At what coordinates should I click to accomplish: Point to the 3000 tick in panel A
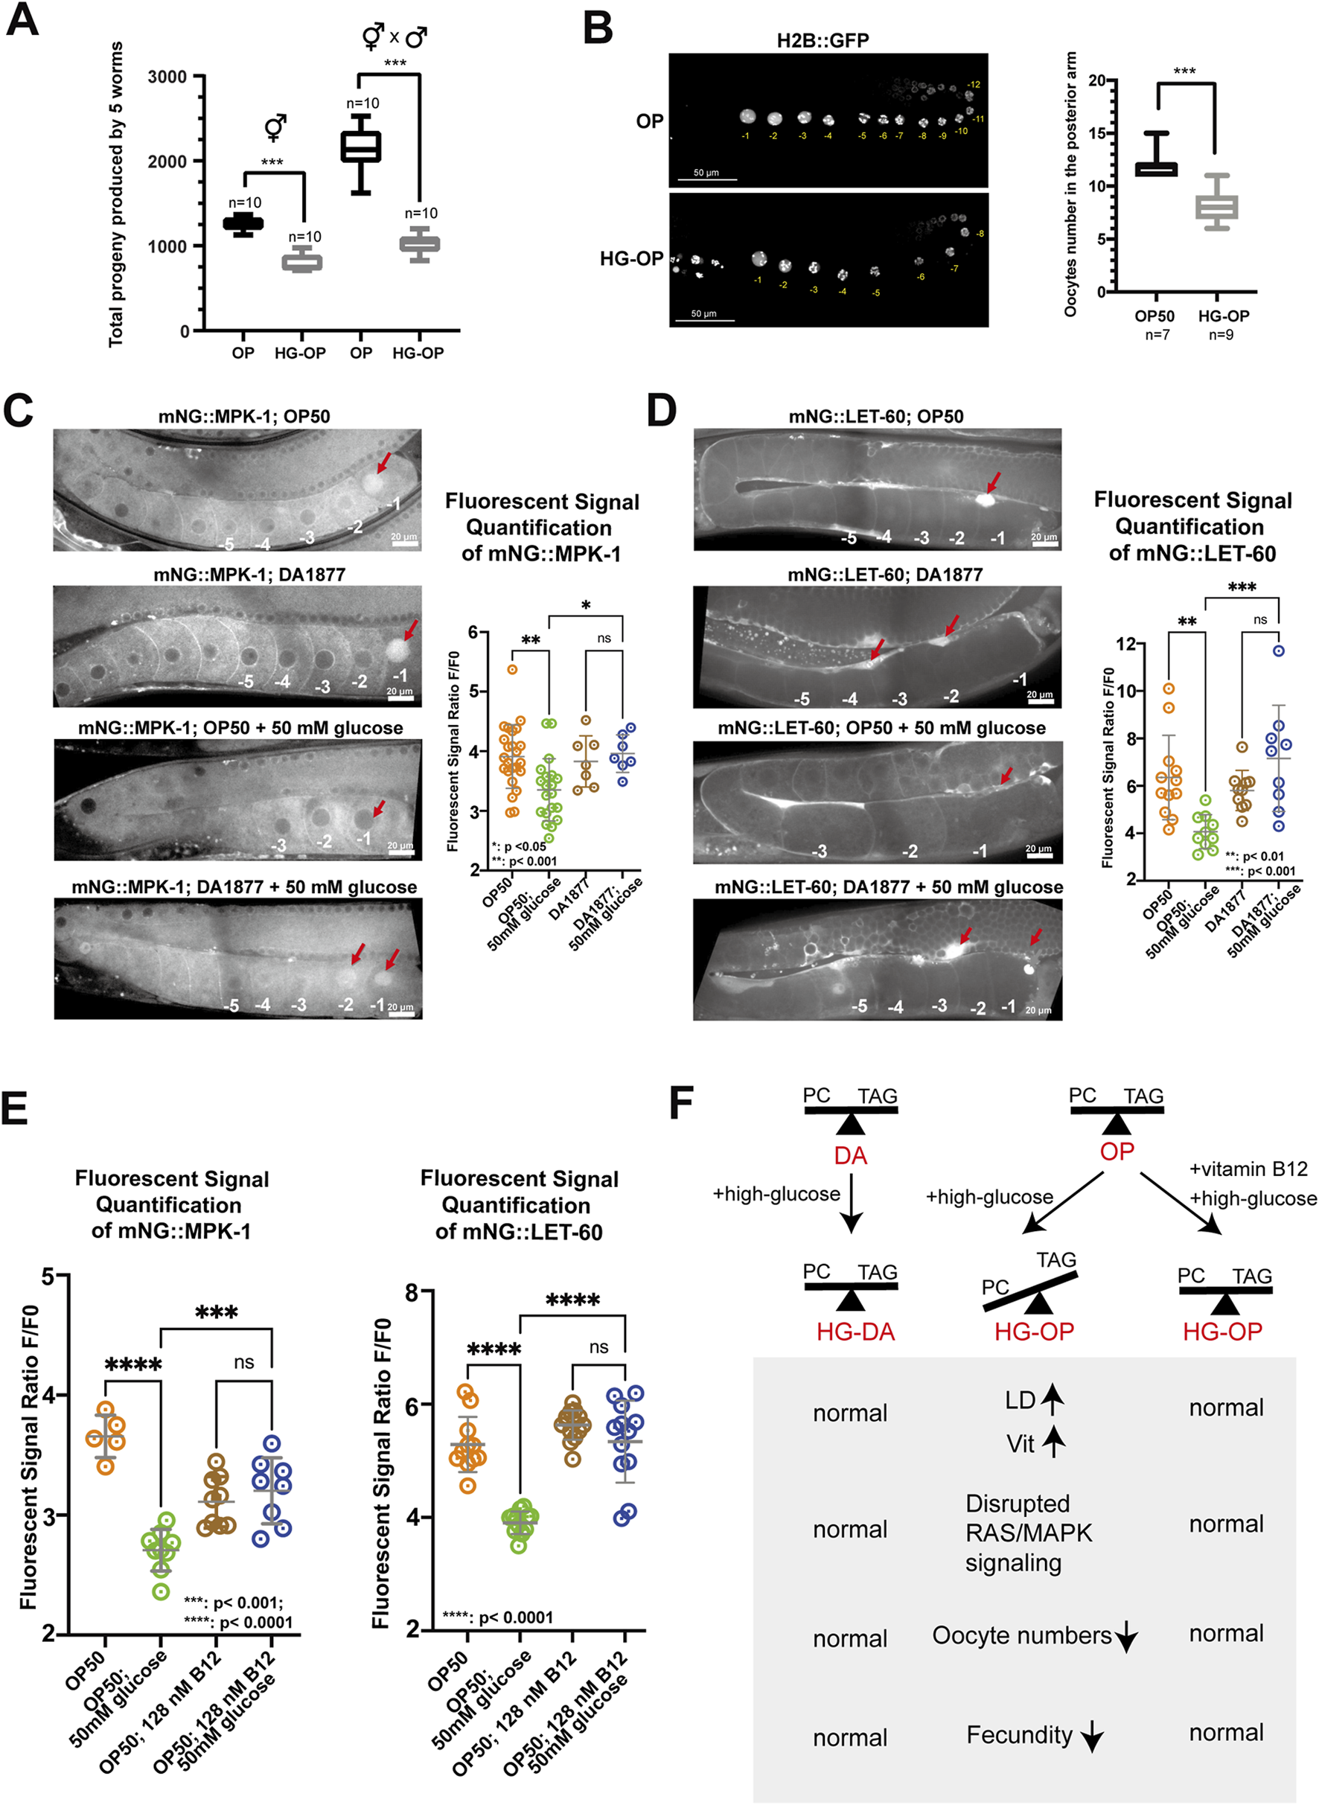tap(167, 77)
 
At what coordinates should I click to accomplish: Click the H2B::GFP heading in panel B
tap(823, 40)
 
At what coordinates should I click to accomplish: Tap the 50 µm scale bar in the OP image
tap(706, 179)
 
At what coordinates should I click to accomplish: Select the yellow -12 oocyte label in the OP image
tap(974, 85)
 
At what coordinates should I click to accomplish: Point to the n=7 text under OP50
tap(1157, 335)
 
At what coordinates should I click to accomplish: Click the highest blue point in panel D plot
tap(1278, 651)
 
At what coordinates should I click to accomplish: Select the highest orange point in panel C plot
tap(513, 669)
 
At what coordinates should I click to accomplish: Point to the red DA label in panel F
tap(850, 1155)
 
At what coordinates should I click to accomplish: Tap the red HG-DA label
tap(855, 1332)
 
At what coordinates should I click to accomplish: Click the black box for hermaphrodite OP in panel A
tap(243, 223)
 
